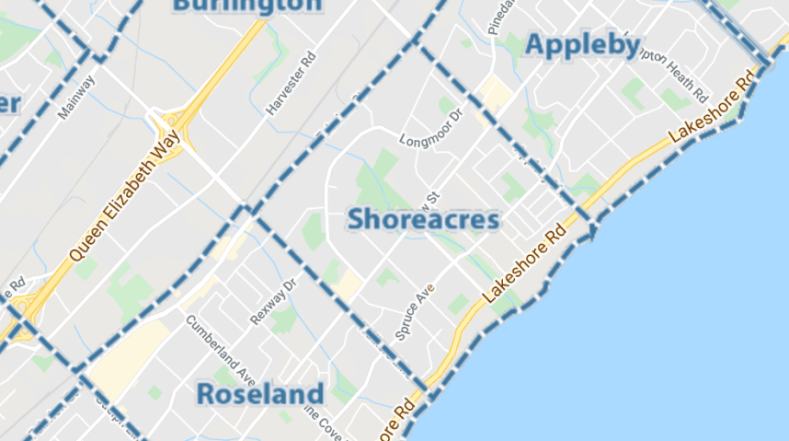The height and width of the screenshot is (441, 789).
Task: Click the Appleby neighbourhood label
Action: coord(582,44)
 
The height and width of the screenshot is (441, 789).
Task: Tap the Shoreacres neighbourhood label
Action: coord(424,219)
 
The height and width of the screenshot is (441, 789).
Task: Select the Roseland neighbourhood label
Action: coord(260,394)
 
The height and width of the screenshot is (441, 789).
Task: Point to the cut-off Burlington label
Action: coord(247,6)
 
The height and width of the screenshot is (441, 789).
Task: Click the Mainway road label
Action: coord(76,101)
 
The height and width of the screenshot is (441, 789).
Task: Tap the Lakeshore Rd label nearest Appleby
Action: coord(713,107)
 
